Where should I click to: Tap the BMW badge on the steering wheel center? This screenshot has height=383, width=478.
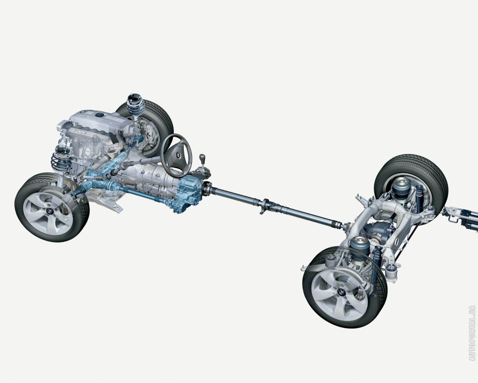pyautogui.click(x=178, y=154)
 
